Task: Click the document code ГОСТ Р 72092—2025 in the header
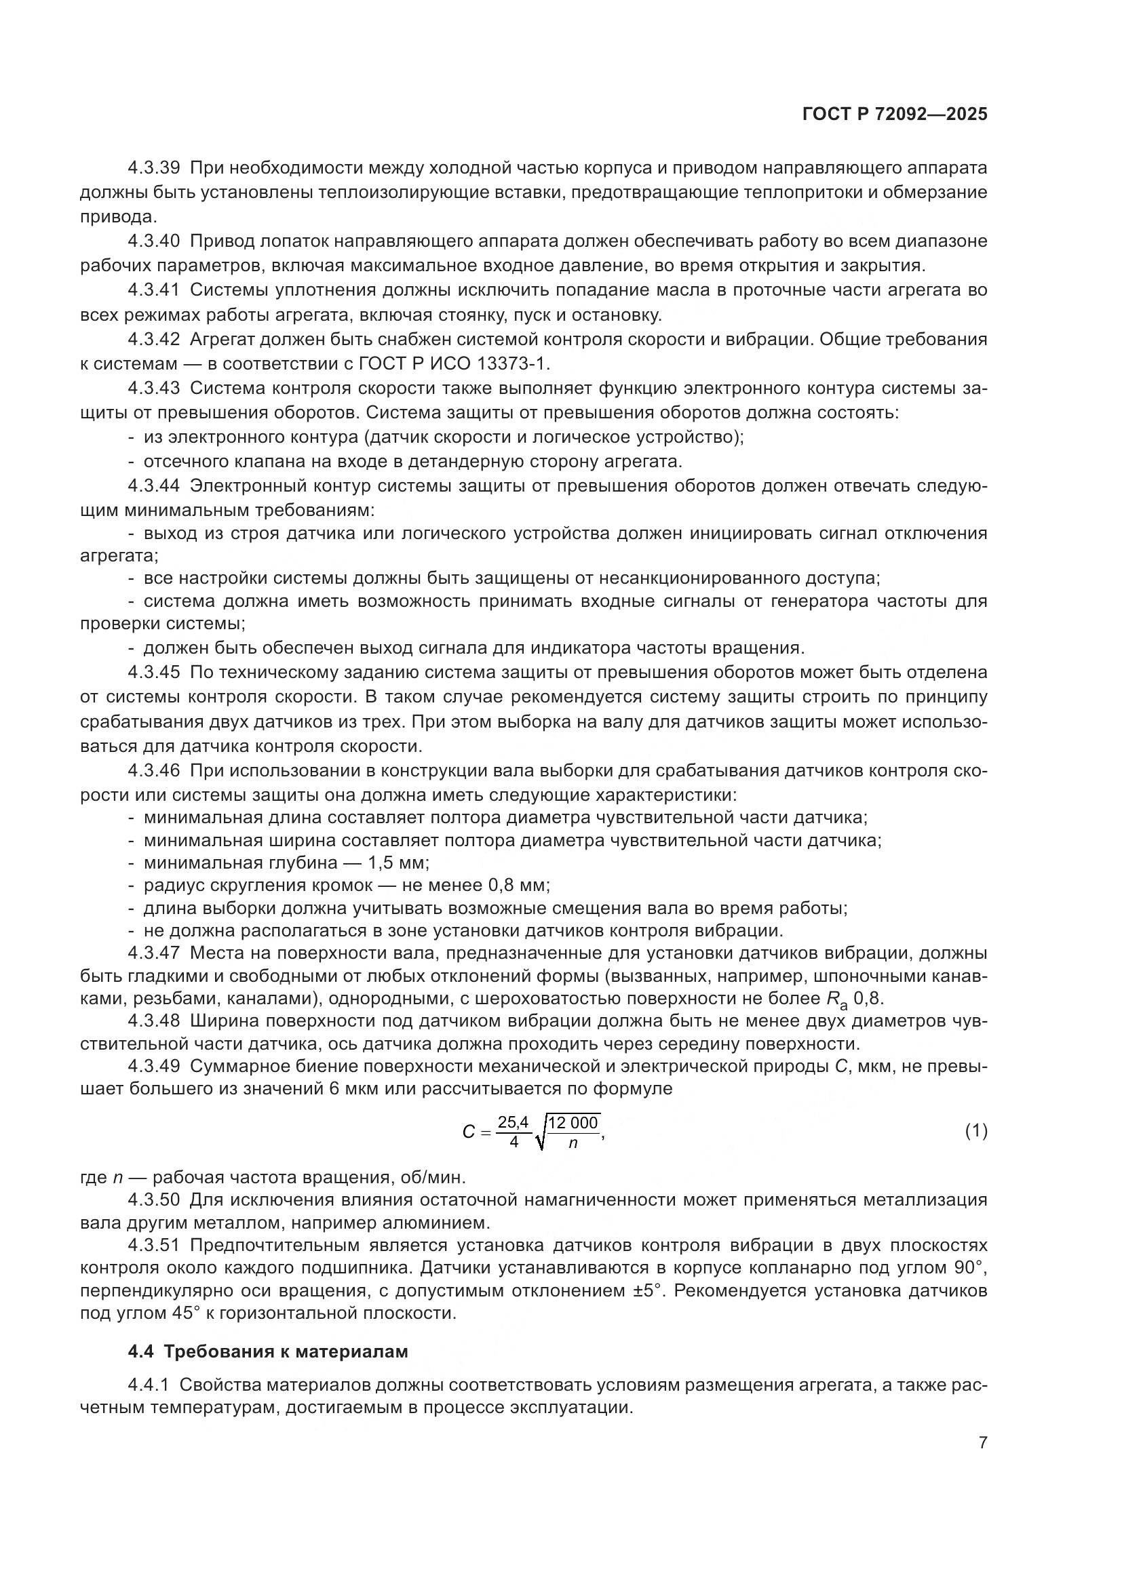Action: [x=895, y=115]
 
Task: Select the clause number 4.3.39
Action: [x=153, y=168]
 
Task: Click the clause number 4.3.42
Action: [x=153, y=339]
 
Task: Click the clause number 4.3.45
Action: [x=153, y=672]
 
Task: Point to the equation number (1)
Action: [x=975, y=1131]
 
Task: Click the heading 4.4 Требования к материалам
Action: [x=268, y=1352]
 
